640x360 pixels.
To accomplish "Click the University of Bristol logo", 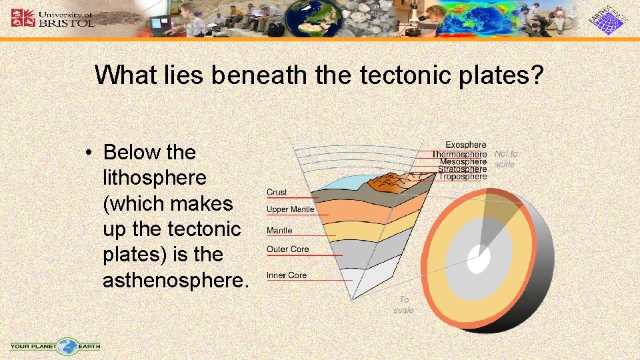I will [53, 17].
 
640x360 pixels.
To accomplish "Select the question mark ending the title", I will [537, 75].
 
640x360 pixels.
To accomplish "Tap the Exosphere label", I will [465, 145].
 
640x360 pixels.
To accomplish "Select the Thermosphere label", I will [459, 154].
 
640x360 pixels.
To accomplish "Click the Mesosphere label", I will [463, 162].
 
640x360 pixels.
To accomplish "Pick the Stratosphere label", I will [462, 169].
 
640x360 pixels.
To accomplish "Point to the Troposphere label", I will [462, 177].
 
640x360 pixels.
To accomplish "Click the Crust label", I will [277, 192].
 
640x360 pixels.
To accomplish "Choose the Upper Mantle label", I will [290, 209].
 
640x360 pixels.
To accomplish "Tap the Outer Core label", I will [287, 249].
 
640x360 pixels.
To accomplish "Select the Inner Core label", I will [286, 275].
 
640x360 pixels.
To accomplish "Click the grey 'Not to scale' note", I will [505, 159].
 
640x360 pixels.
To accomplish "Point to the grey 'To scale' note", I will [403, 305].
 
